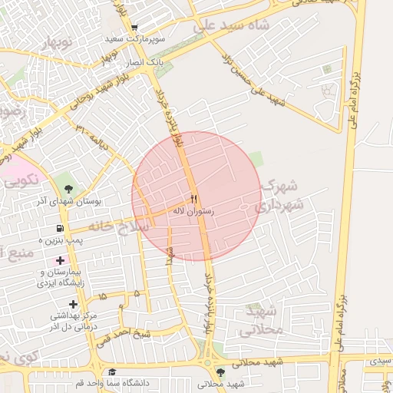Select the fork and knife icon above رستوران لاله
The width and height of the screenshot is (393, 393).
coord(193,198)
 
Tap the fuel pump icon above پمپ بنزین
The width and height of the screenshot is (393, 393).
coord(60,229)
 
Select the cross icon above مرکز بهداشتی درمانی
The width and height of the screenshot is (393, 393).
coord(74,304)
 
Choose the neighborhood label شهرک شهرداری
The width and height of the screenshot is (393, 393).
coord(280,196)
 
